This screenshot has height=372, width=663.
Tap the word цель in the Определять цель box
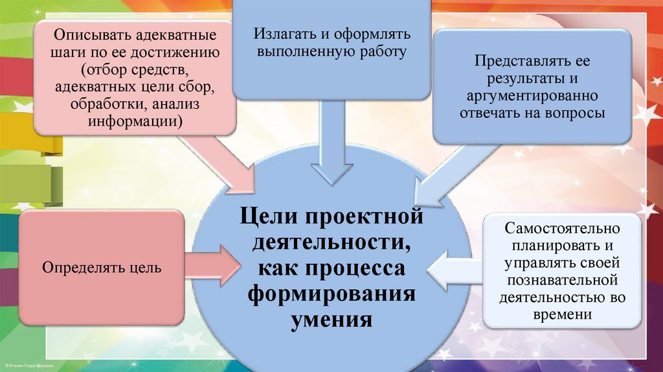[146, 266]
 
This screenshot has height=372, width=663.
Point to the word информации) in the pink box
[136, 122]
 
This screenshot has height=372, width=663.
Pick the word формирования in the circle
[331, 293]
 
